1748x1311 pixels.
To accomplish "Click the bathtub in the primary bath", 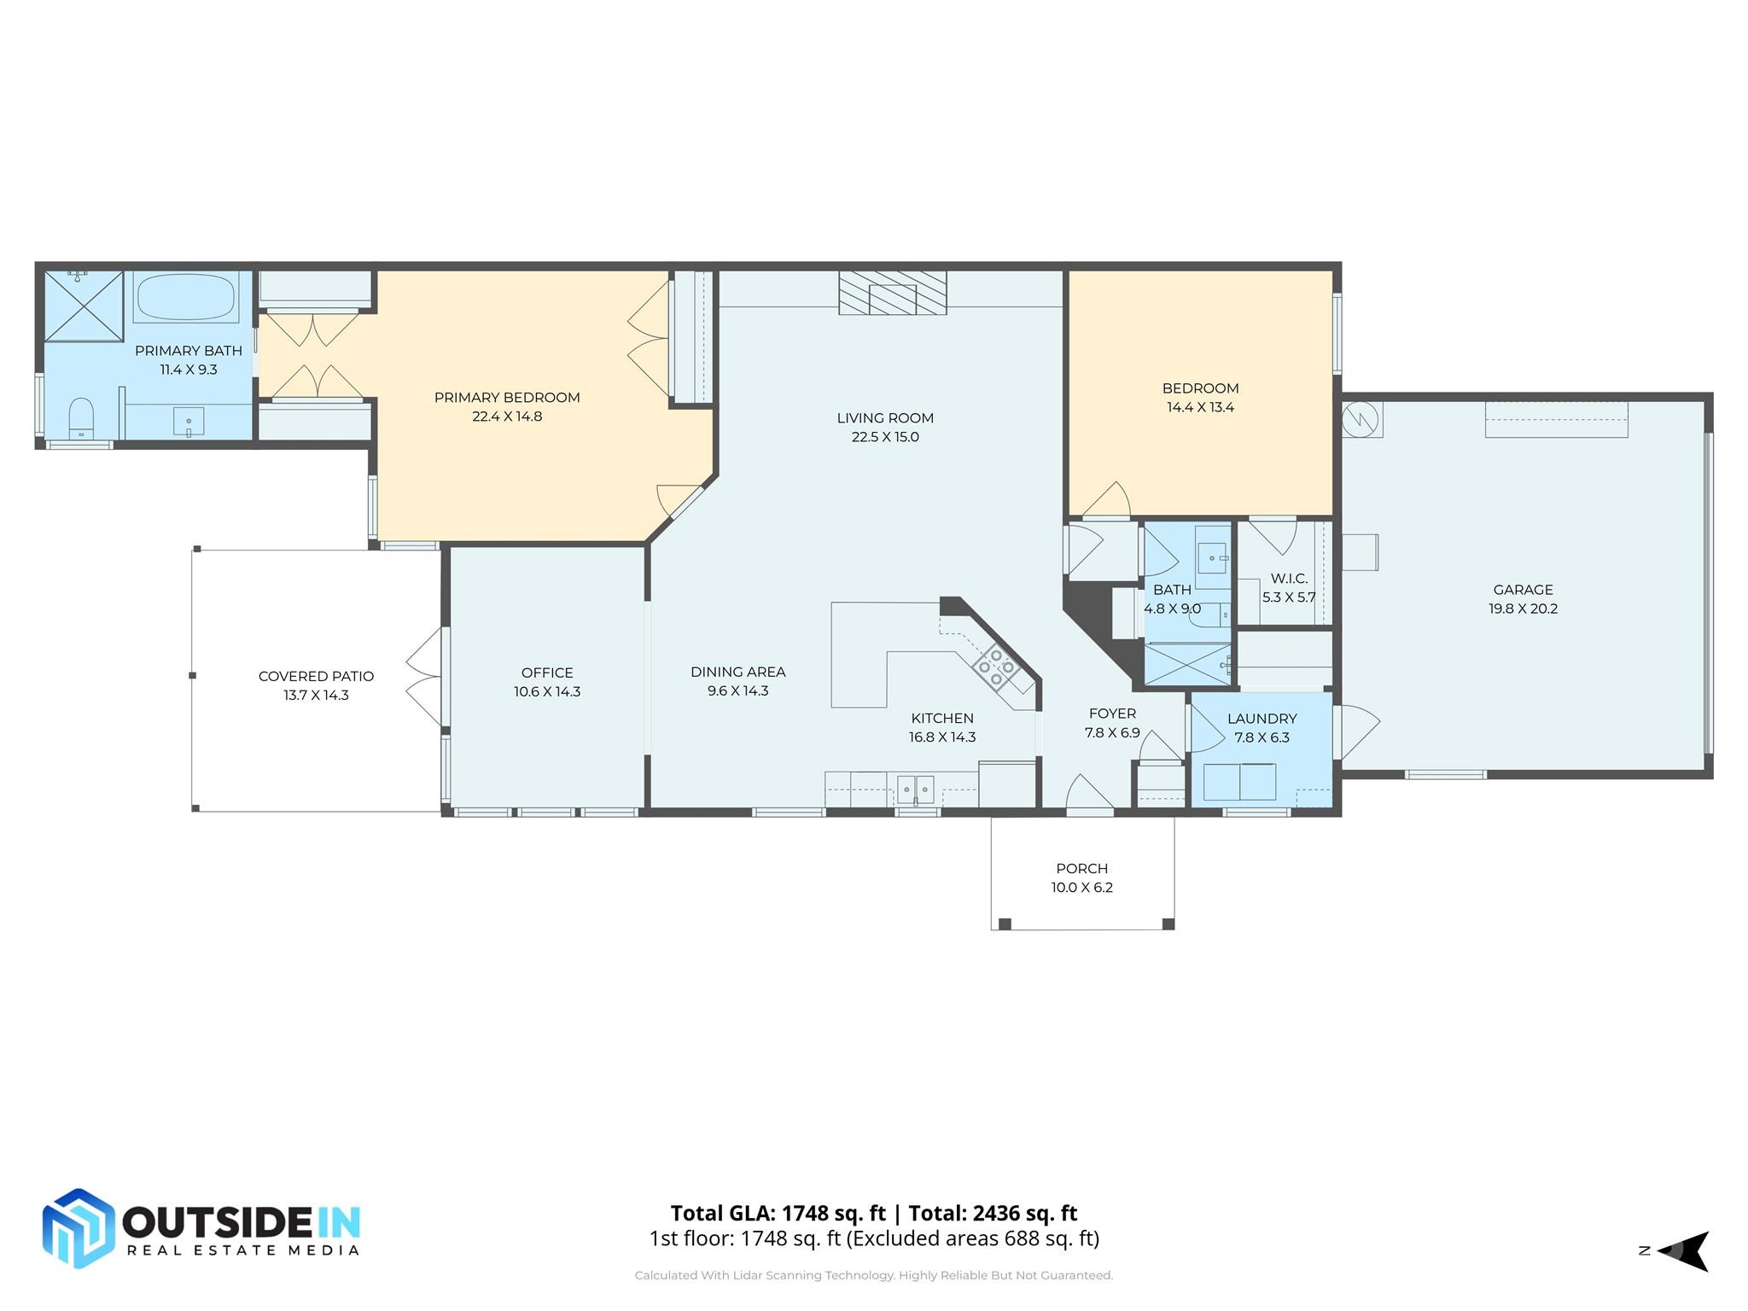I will pyautogui.click(x=185, y=296).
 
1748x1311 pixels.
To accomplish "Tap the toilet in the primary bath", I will pyautogui.click(x=81, y=417).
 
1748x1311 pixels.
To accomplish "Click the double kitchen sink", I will pyautogui.click(x=916, y=789).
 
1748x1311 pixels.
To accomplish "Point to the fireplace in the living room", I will pyautogui.click(x=892, y=294).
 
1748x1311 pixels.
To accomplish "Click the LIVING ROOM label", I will pyautogui.click(x=884, y=418).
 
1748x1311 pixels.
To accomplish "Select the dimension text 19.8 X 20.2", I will pyautogui.click(x=1523, y=609).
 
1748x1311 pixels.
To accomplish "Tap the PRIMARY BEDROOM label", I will pyautogui.click(x=507, y=398).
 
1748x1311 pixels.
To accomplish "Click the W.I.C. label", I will pyautogui.click(x=1288, y=579).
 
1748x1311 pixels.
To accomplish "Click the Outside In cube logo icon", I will pyautogui.click(x=79, y=1228).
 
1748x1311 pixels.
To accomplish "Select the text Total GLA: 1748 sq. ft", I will pyautogui.click(x=778, y=1213).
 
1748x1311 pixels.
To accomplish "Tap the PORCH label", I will pyautogui.click(x=1081, y=868).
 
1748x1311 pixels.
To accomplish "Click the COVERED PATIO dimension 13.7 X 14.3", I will pyautogui.click(x=316, y=695).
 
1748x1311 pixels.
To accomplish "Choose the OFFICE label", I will pyautogui.click(x=547, y=673).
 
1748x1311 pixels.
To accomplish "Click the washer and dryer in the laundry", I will pyautogui.click(x=1239, y=781).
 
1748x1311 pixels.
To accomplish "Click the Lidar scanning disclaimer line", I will pyautogui.click(x=873, y=1275).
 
